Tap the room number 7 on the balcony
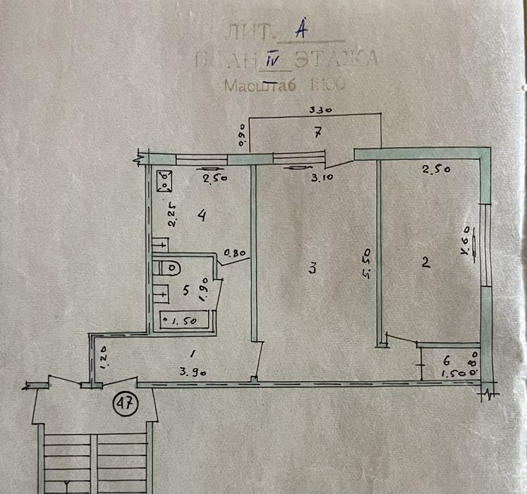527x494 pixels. coord(318,131)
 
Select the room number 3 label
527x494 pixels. coord(312,268)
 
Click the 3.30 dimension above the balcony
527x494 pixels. coord(320,109)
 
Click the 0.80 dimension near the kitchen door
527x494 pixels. coord(235,251)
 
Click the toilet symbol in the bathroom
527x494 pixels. coord(169,268)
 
